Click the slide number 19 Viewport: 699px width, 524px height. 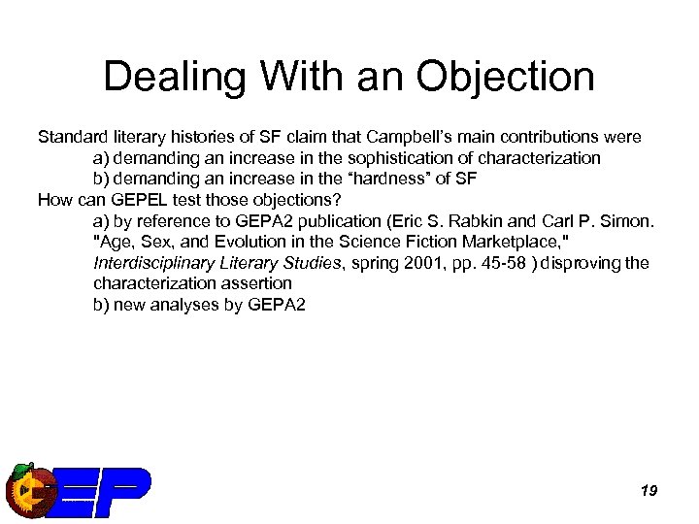649,491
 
